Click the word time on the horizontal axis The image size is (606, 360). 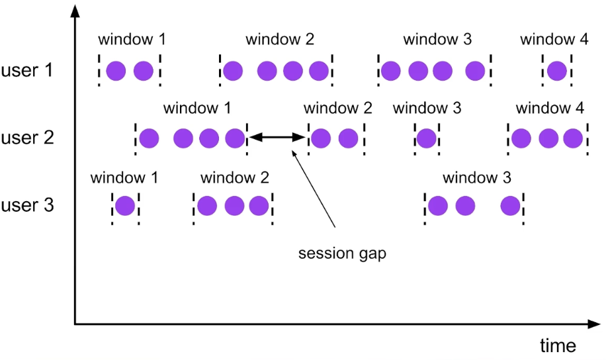coord(556,345)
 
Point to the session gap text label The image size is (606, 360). coord(342,253)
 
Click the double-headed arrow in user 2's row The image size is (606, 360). coord(278,138)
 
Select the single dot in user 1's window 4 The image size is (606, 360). coord(557,70)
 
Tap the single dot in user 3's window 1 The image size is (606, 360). coord(125,206)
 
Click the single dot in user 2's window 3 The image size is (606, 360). coord(427,138)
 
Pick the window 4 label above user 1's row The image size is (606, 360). coord(554,39)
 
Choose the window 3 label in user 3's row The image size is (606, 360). coord(476,177)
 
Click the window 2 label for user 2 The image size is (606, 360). coord(338,107)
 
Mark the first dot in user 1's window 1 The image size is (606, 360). coord(116,70)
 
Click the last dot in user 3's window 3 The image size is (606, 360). coord(510,206)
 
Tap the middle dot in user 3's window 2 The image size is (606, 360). coord(234,206)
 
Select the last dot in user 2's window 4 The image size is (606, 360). coord(573,138)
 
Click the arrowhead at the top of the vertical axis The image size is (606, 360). coord(75,11)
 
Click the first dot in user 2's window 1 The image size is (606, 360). coord(150,138)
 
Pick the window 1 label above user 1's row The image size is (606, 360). coord(130,39)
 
